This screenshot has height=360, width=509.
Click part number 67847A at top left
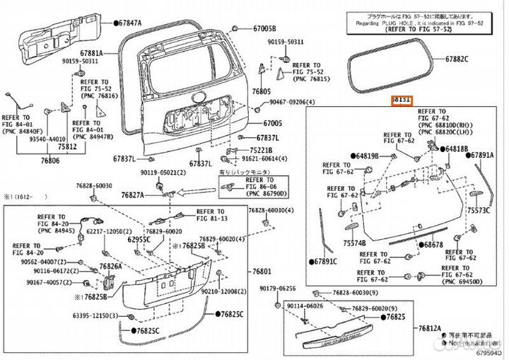[128, 23]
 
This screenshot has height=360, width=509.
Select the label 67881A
[92, 53]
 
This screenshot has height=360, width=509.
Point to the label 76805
[261, 92]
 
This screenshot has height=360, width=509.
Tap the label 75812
[68, 147]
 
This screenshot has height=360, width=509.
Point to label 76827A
[132, 194]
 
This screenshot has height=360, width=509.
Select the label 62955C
[139, 240]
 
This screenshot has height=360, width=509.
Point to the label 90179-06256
[276, 289]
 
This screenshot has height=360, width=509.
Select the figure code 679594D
[490, 353]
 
